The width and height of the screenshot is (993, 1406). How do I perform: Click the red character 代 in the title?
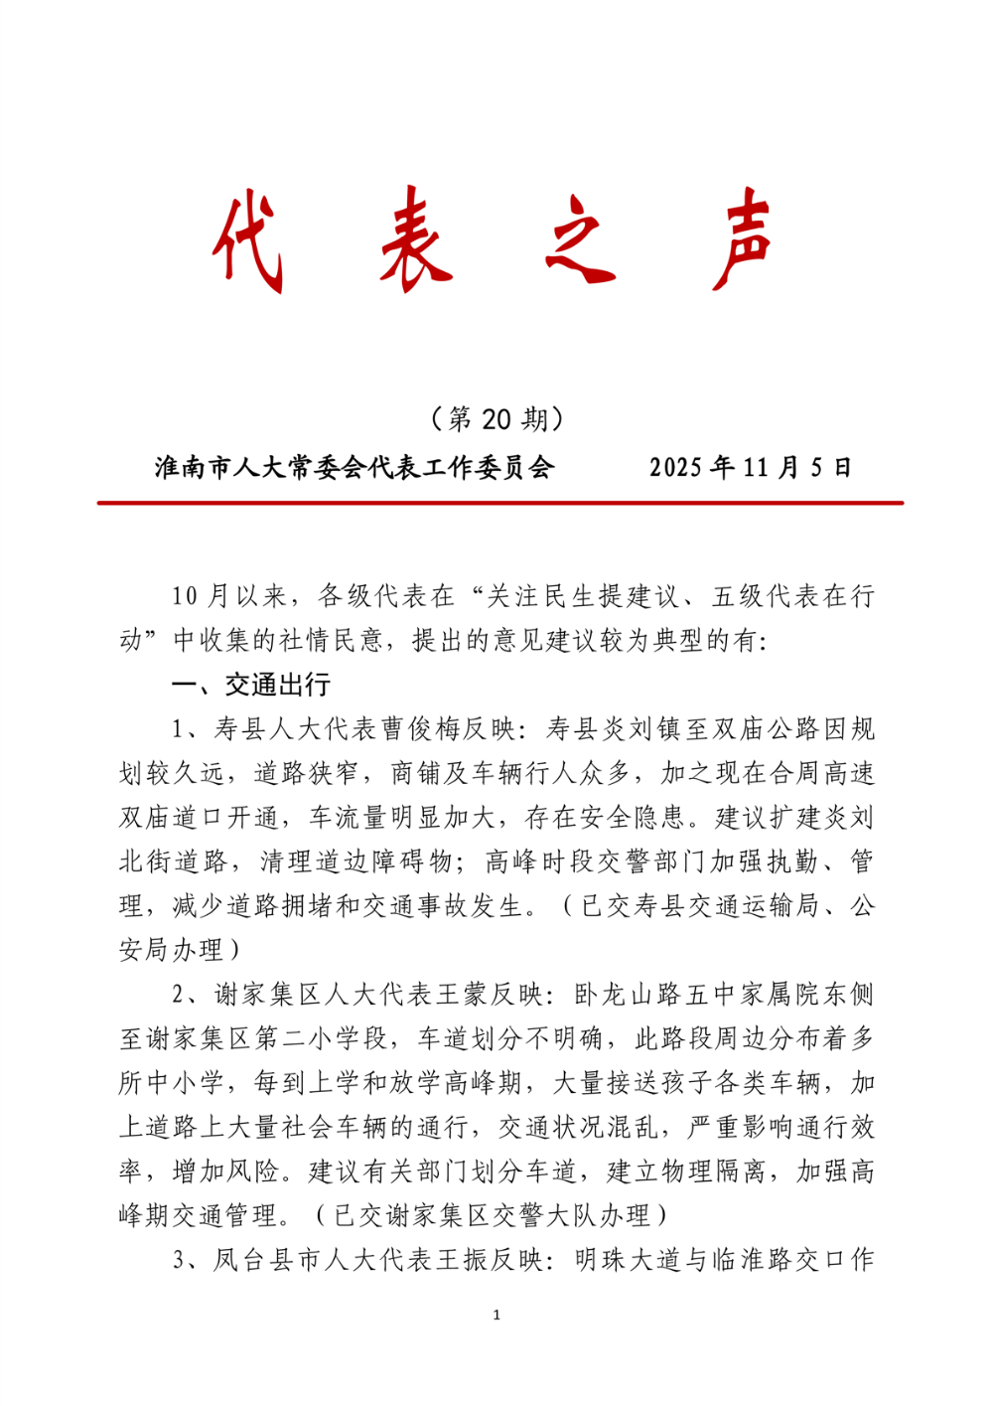pos(249,240)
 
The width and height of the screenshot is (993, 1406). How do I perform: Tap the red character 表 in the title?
pos(416,240)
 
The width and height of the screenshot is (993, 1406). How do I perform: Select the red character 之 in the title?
pos(582,240)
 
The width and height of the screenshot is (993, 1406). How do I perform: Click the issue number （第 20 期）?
pos(497,418)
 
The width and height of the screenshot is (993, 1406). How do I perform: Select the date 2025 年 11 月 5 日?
pos(752,467)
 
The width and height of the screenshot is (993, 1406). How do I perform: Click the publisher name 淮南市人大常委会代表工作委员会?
pos(355,467)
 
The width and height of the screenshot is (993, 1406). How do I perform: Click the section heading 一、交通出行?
pos(251,685)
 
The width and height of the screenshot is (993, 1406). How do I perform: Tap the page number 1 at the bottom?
pos(496,1316)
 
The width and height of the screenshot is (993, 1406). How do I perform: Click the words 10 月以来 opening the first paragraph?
pos(229,596)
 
